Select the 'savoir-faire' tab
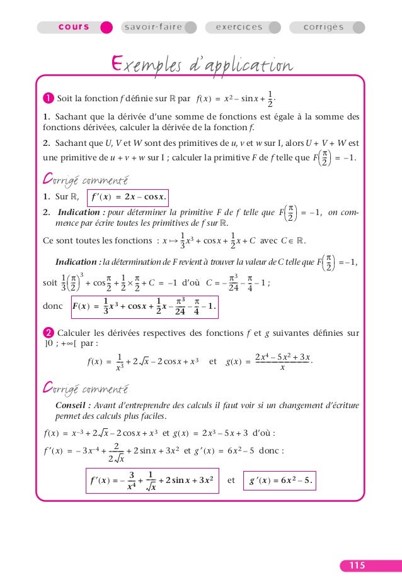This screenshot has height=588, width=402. [x=152, y=28]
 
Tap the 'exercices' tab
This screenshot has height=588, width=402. [x=239, y=28]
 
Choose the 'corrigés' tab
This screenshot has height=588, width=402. [x=323, y=28]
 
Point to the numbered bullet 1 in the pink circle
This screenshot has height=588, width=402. [x=48, y=98]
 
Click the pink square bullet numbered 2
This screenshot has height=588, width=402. [x=48, y=332]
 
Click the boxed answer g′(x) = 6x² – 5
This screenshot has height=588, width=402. [x=282, y=480]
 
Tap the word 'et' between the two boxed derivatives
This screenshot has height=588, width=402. [x=231, y=480]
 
